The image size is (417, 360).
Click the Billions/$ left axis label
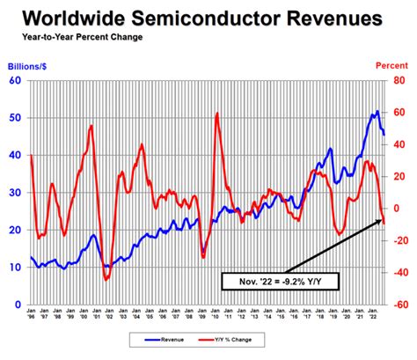30,65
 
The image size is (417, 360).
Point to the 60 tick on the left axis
15,80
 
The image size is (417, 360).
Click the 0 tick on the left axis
18,305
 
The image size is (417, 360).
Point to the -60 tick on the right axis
398,305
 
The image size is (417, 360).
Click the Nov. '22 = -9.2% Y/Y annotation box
279,282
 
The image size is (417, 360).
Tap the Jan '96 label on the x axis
33,316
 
